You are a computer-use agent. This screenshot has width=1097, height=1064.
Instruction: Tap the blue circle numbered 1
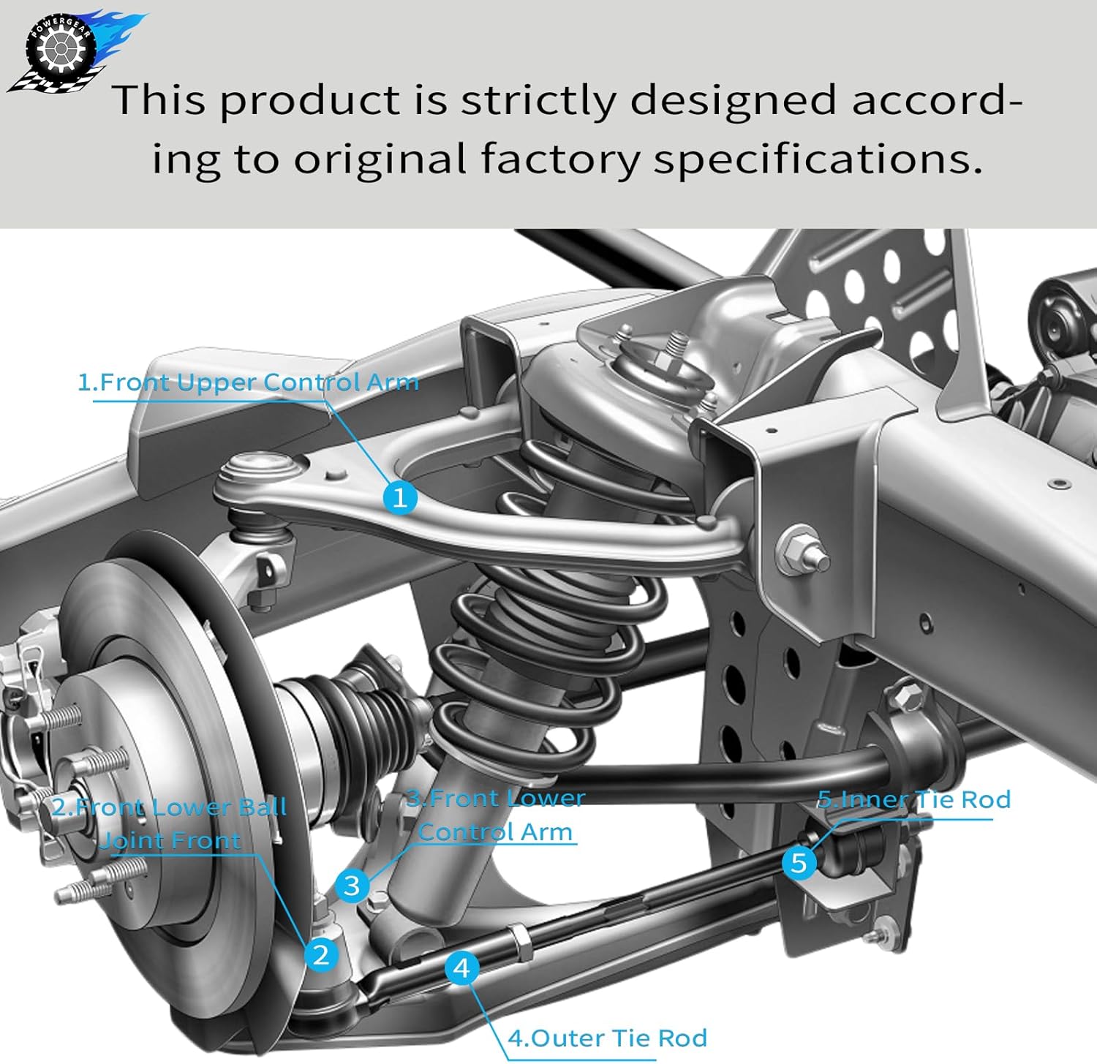400,498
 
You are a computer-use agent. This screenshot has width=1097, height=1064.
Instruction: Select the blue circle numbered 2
321,954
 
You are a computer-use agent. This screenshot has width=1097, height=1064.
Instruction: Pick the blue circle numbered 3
353,885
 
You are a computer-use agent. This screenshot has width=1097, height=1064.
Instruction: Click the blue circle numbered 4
461,968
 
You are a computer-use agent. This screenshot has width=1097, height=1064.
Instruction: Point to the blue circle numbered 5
799,862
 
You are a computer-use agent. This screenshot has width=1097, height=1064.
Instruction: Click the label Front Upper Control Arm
248,382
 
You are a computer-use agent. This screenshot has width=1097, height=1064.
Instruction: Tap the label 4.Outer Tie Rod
607,1038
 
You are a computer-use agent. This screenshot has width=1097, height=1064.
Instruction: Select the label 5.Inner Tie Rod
914,799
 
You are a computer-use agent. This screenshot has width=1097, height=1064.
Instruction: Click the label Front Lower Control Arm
495,815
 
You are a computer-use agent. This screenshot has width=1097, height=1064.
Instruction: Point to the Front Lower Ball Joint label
170,824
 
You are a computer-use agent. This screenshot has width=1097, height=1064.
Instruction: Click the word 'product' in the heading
310,100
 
